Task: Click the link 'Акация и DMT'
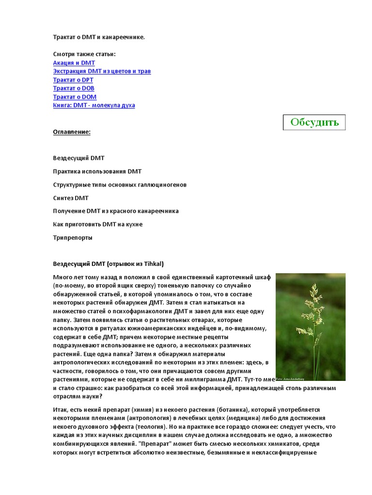point(74,63)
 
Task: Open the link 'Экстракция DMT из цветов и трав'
point(102,71)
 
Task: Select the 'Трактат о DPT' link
point(73,80)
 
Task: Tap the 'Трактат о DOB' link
point(74,88)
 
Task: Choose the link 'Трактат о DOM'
point(75,97)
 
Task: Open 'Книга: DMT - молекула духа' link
point(94,105)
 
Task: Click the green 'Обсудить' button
point(314,122)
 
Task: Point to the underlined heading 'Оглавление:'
point(72,131)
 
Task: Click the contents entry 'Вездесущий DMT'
point(78,158)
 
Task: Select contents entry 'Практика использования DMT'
point(97,172)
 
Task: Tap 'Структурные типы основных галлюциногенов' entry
point(120,185)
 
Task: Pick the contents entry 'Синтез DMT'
point(71,198)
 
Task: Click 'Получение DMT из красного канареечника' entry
point(116,211)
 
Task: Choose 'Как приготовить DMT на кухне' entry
point(98,224)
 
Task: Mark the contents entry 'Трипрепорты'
point(73,237)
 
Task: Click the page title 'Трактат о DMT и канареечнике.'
point(99,37)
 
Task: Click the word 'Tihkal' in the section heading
point(153,264)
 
